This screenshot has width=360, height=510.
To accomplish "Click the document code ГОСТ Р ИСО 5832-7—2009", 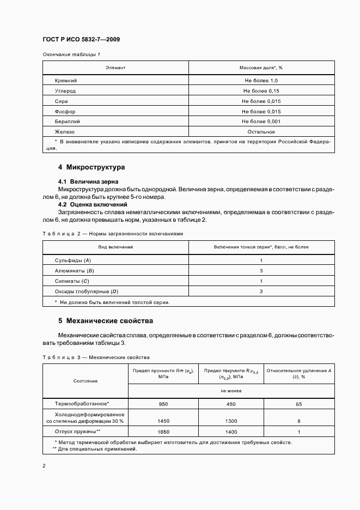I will click(81, 40).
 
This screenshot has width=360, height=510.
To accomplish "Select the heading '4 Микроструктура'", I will click(91, 167).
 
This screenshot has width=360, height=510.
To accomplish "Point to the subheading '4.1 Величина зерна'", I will click(88, 181).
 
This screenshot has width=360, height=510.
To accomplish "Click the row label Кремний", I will click(66, 81).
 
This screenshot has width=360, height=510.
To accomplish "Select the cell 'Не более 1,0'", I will click(261, 81).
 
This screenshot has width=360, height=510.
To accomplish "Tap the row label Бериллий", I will click(67, 122).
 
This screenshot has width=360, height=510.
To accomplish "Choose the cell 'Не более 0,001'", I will click(261, 122).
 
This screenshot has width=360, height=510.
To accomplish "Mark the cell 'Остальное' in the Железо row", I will click(261, 132).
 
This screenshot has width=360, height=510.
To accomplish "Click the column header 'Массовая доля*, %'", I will click(261, 68).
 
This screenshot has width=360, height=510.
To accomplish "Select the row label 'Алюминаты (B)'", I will click(74, 271).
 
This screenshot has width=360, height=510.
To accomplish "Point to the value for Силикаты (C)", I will click(261, 281).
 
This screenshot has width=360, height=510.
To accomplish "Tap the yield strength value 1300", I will click(230, 421).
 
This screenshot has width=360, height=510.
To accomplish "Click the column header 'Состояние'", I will click(85, 381).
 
